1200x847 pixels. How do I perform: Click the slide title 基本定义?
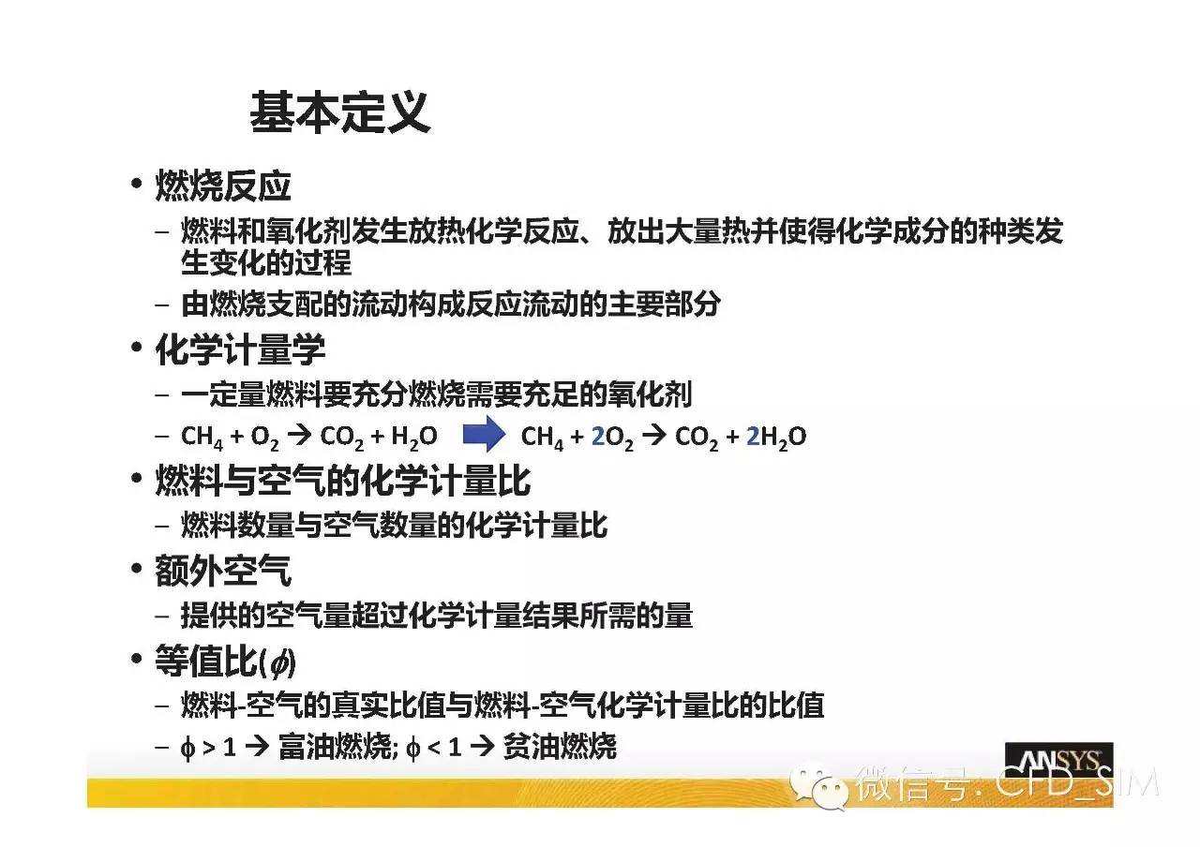340,111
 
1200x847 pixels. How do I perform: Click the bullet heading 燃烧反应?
223,186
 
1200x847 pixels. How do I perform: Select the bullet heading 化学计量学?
240,349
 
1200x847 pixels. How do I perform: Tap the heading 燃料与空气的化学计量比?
343,481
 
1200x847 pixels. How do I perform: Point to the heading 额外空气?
223,571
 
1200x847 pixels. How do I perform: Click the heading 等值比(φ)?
226,661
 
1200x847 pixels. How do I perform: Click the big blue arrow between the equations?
484,434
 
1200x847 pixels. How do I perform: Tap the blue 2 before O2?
598,437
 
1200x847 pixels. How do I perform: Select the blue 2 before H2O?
753,437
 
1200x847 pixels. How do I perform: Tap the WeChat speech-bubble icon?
819,785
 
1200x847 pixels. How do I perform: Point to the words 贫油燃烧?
560,747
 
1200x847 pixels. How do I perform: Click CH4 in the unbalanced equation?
202,438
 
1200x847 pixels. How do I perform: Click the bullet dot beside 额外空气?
137,568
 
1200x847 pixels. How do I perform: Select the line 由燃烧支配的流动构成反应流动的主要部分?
451,305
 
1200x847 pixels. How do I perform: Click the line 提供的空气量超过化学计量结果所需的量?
437,616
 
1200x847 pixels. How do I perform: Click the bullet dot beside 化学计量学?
137,347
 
